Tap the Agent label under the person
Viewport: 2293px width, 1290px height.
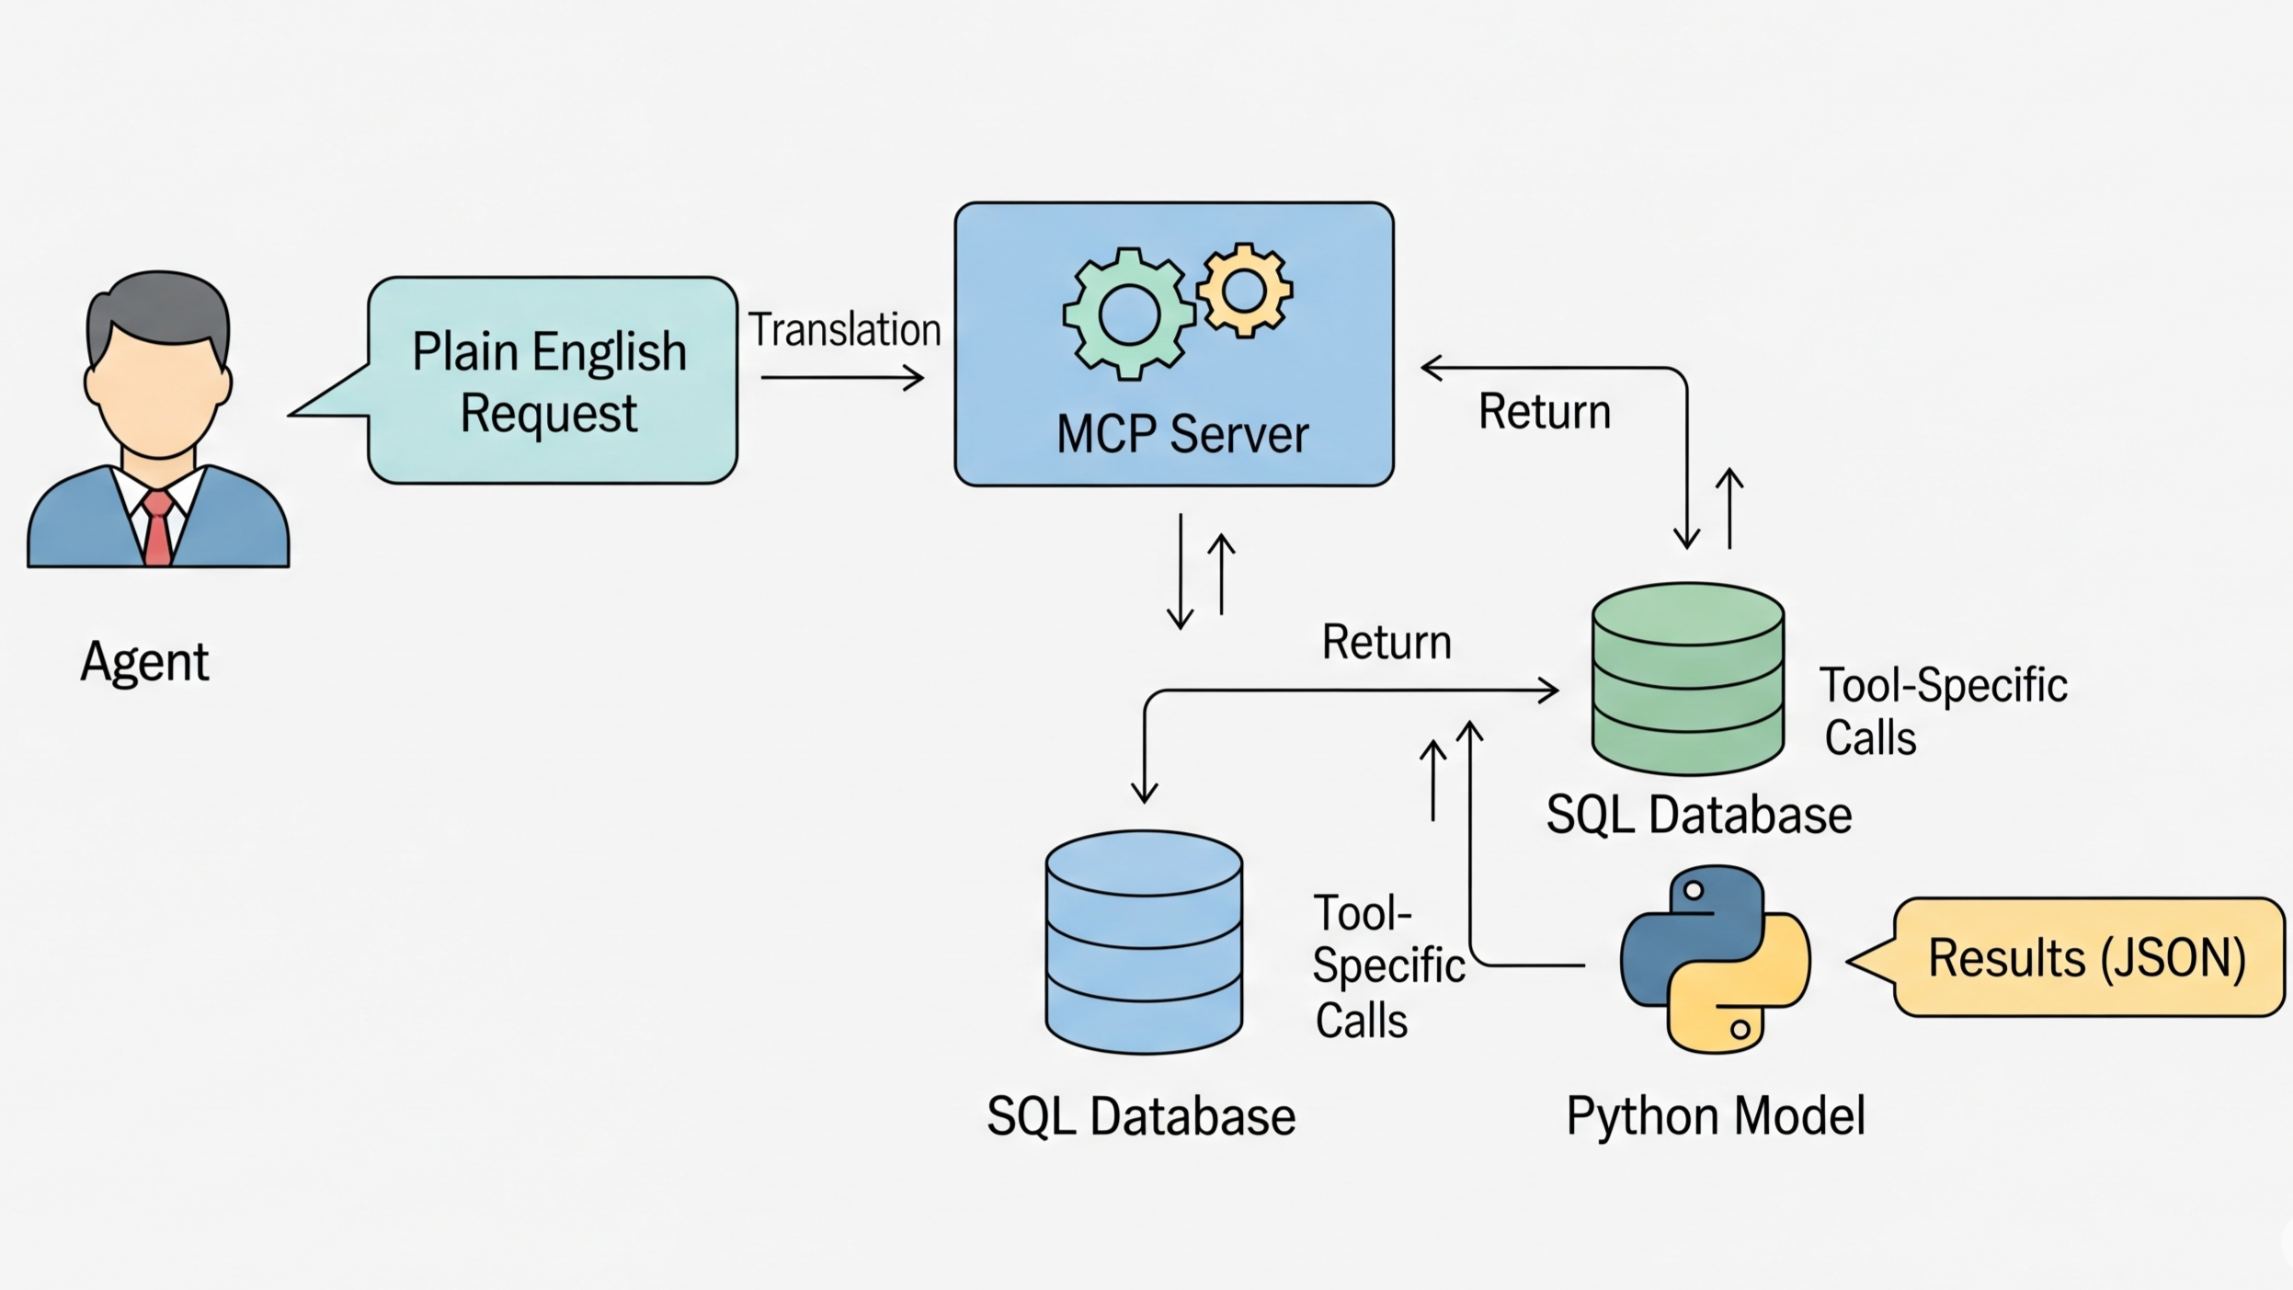point(144,661)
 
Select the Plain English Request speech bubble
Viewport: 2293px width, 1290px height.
point(552,381)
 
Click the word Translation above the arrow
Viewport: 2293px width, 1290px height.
point(844,330)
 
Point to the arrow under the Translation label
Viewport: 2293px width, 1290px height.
point(841,377)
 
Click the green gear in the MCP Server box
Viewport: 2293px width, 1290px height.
point(1128,314)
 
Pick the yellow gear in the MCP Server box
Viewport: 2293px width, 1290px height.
point(1244,291)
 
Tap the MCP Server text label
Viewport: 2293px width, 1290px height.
point(1181,434)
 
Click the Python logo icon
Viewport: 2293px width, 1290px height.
point(1715,959)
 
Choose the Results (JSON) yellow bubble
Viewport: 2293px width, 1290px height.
point(2087,957)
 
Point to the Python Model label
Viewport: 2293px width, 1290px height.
point(1716,1116)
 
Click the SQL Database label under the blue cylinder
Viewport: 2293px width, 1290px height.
point(1141,1116)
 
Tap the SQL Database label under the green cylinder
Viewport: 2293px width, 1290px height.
point(1698,815)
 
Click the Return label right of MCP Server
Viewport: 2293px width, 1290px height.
point(1545,411)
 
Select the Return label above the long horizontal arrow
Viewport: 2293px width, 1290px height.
point(1386,642)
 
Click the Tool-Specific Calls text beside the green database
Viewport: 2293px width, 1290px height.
point(1942,711)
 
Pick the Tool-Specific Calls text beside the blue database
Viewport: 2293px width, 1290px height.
point(1386,966)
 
